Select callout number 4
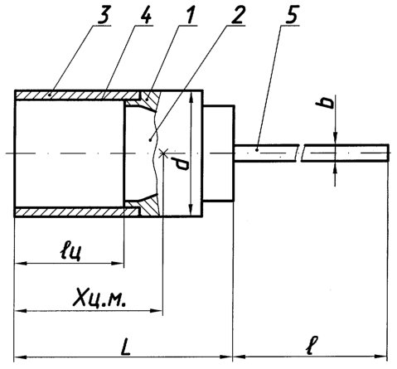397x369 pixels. [x=146, y=15]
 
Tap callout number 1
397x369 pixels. [x=189, y=15]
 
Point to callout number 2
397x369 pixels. [x=237, y=15]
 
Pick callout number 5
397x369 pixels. [x=292, y=15]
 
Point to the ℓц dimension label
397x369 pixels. [x=70, y=252]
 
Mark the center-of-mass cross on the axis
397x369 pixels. [x=163, y=153]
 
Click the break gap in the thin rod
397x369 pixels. [x=300, y=153]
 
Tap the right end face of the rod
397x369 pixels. [x=389, y=153]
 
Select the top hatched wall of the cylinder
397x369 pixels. [x=77, y=95]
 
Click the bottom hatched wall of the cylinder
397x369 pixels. [x=77, y=212]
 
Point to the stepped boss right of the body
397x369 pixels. [x=219, y=153]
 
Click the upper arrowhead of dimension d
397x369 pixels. [x=191, y=99]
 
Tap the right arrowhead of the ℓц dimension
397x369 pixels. [x=118, y=263]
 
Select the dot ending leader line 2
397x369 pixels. [x=150, y=140]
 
